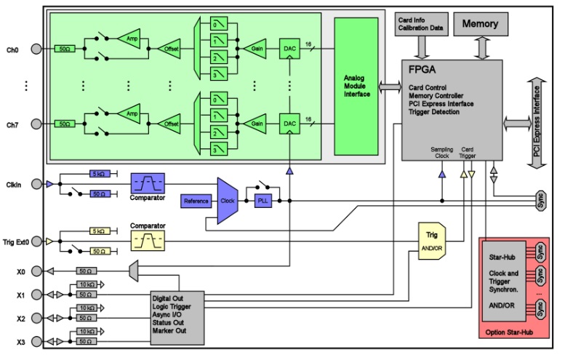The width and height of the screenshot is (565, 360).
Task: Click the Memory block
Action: point(479,24)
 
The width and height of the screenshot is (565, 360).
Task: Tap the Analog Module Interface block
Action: point(356,86)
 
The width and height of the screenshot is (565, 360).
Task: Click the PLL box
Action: point(263,200)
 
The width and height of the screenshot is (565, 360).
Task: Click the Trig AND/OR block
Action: point(430,239)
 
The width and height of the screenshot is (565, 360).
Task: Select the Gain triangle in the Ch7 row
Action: point(257,124)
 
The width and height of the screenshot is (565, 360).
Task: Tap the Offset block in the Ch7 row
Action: point(171,124)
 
